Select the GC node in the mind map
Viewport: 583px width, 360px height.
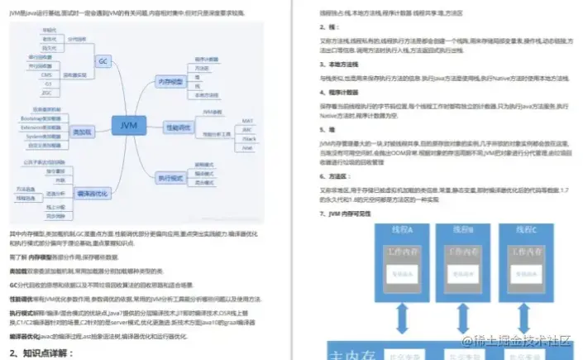[103, 62]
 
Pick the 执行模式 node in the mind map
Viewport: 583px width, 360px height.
[170, 176]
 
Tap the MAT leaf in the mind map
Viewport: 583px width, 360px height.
[247, 122]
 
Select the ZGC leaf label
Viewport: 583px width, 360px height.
[46, 92]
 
